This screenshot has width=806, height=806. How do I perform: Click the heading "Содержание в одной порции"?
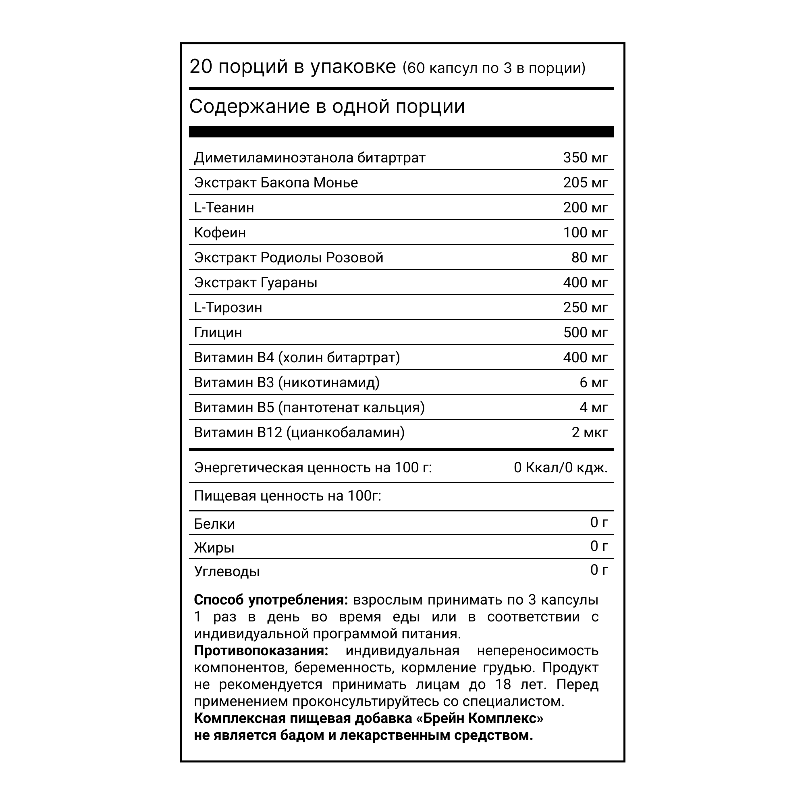coord(327,107)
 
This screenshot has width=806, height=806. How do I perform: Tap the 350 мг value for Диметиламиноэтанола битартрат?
coord(585,158)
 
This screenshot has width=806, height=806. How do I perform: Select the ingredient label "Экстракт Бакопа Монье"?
coord(276,183)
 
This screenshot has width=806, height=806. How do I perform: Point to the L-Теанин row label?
coord(224,208)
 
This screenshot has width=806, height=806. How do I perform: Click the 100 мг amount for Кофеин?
coord(585,233)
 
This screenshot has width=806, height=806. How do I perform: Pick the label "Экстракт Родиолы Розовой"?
coord(289,258)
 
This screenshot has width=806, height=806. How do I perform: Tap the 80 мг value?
coord(589,258)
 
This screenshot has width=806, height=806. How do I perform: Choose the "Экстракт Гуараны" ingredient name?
coord(256,283)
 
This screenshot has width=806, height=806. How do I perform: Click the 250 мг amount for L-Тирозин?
coord(585,308)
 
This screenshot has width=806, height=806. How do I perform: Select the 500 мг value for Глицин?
coord(585,333)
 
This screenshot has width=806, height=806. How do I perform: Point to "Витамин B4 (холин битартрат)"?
coord(297,358)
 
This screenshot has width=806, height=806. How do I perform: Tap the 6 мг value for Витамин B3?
coord(593,382)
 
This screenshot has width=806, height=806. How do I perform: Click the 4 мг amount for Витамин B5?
coord(593,407)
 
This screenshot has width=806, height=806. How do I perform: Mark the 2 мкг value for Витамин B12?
coord(589,432)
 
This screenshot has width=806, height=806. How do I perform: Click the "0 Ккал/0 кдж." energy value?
coord(560,468)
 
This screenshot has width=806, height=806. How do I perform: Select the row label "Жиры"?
coord(214,548)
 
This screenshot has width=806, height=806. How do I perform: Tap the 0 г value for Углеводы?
coord(599,570)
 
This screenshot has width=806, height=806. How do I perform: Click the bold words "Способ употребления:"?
coord(271,600)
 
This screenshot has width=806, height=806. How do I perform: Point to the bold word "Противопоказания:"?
coord(261,651)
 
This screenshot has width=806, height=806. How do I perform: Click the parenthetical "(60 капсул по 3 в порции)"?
coord(494,68)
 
